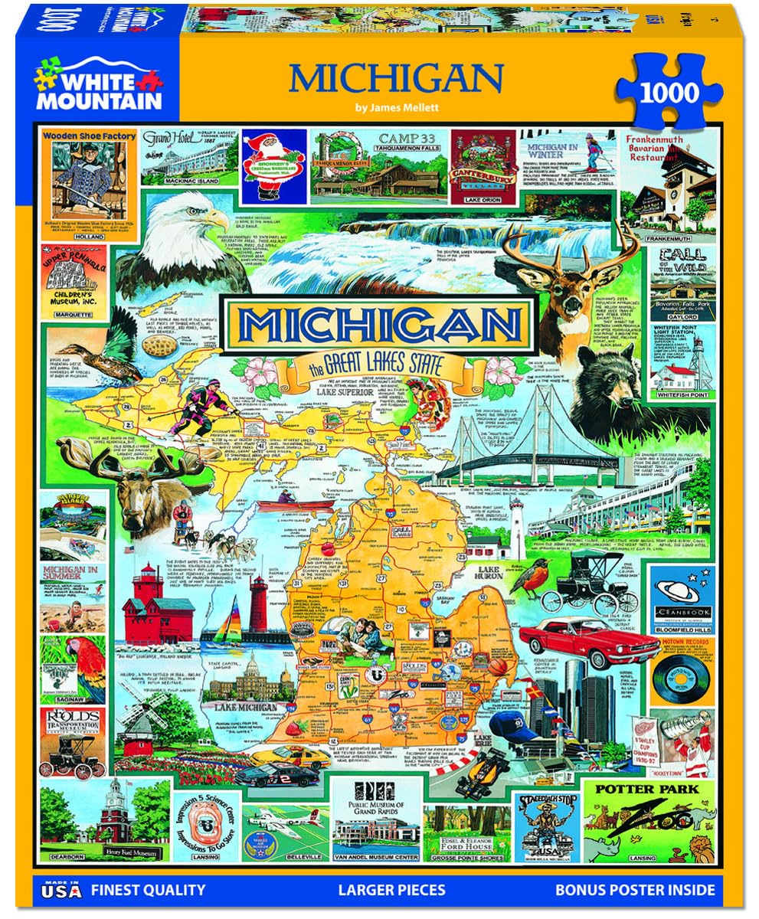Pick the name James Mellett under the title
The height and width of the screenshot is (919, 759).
point(395,108)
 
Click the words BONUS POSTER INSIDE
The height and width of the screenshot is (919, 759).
point(636,890)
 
